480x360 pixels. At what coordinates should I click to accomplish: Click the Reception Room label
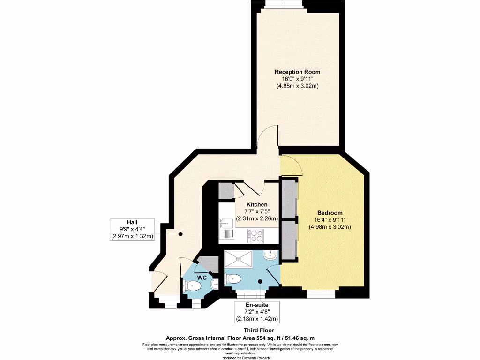point(297,72)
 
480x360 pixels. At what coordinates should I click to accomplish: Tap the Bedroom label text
point(330,212)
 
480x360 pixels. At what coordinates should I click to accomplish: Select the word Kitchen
point(257,204)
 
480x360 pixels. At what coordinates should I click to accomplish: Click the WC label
point(202,277)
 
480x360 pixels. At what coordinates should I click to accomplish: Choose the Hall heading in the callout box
point(132,222)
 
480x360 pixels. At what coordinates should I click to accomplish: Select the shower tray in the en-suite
point(238,258)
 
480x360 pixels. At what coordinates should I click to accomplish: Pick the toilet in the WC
point(193,285)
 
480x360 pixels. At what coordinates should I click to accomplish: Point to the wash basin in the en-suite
point(270,255)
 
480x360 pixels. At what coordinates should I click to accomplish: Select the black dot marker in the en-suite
point(261,282)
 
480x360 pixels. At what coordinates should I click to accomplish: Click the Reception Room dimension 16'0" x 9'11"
point(297,79)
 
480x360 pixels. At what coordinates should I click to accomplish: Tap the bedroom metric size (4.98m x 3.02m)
point(330,227)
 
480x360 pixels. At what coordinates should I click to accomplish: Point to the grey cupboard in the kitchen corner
point(226,191)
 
